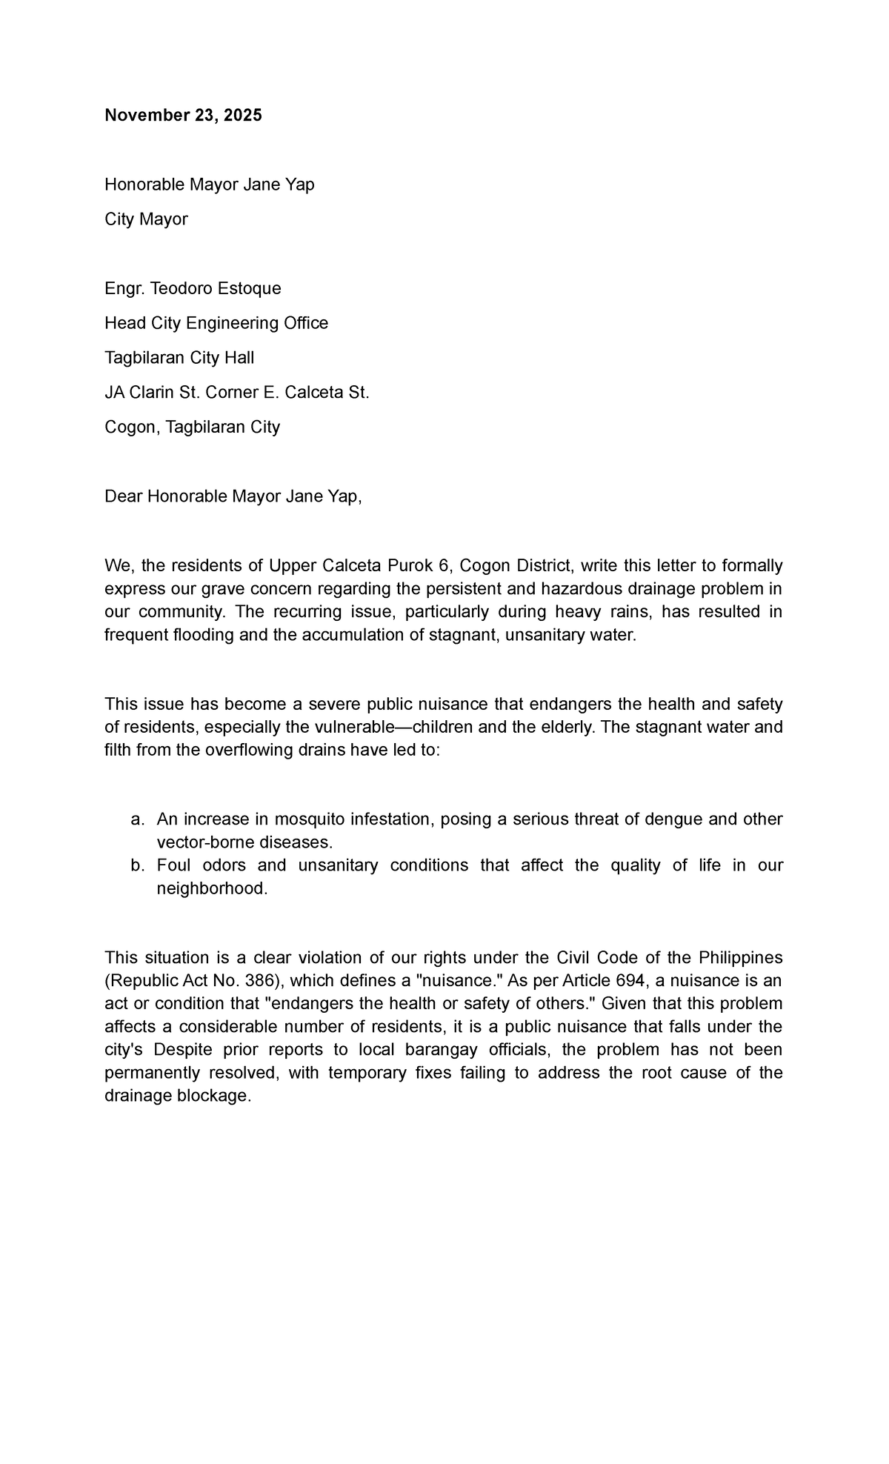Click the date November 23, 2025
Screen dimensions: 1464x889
[x=183, y=116]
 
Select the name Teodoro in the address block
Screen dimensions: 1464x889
[x=183, y=288]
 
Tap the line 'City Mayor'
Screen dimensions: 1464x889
[x=146, y=219]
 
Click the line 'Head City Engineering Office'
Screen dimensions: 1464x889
[x=216, y=323]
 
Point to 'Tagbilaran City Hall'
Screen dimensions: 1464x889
[x=179, y=358]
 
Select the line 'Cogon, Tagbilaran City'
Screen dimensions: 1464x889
[x=192, y=427]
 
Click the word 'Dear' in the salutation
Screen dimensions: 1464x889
[x=124, y=496]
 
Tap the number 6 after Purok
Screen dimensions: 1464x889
[x=444, y=566]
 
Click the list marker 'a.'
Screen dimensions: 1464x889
[x=136, y=819]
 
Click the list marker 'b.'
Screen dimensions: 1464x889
[x=136, y=865]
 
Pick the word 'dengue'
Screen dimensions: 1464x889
[x=674, y=819]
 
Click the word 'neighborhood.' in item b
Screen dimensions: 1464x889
[x=211, y=888]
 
